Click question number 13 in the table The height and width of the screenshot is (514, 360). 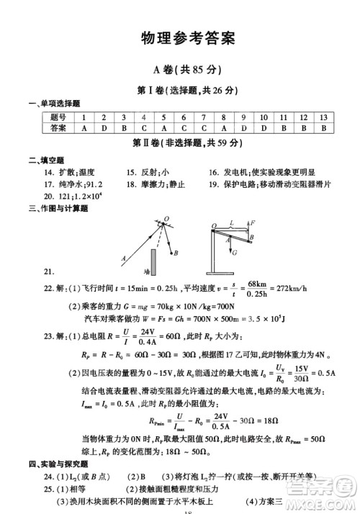coord(324,117)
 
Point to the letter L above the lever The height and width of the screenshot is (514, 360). coord(231,223)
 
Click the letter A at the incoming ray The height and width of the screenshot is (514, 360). coord(124,257)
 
